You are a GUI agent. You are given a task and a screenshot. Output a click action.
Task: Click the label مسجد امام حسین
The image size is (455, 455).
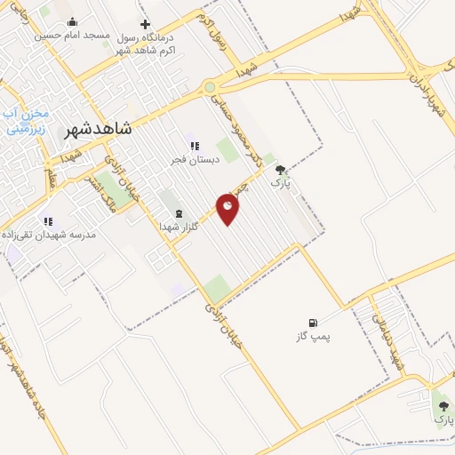73,36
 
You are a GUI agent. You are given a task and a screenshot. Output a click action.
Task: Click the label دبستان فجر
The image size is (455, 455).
193,161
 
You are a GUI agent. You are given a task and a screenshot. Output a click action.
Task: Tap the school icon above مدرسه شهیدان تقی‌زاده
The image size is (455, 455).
48,220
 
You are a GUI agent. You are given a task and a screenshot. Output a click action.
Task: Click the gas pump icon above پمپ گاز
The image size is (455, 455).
312,323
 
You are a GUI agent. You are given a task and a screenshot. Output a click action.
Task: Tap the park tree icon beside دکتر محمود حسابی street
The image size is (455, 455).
281,171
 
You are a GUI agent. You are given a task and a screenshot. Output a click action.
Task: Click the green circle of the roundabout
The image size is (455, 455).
210,87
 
